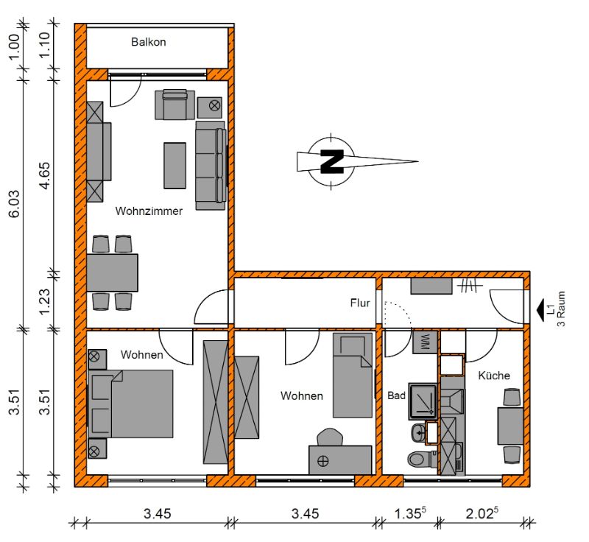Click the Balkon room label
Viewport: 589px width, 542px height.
(x=149, y=42)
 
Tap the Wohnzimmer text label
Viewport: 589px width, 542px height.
(x=149, y=211)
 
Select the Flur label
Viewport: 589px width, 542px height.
(x=360, y=303)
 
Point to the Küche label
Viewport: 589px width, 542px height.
(x=494, y=376)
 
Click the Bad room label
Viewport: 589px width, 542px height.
(x=396, y=395)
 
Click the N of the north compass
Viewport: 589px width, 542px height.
(x=332, y=161)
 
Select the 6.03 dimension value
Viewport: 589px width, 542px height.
(x=14, y=204)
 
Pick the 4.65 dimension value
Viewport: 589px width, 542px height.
(x=44, y=175)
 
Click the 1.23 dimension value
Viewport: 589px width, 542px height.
(x=44, y=302)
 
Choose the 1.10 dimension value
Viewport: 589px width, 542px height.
(x=44, y=45)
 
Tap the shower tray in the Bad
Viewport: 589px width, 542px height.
(x=423, y=401)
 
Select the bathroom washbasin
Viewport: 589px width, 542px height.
(x=419, y=434)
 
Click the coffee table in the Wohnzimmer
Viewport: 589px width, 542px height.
(x=174, y=165)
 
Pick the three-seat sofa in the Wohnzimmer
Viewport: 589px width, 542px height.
(x=211, y=165)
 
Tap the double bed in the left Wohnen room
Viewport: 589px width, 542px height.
(x=130, y=404)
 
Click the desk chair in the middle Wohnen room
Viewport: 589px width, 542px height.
(x=330, y=437)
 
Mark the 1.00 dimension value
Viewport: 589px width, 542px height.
(x=14, y=47)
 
